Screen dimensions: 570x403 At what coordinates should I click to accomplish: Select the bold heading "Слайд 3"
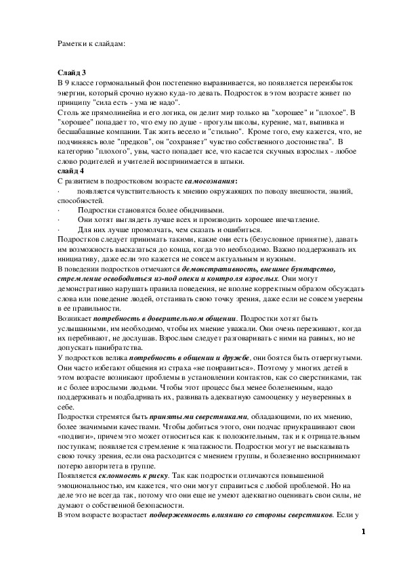(72, 72)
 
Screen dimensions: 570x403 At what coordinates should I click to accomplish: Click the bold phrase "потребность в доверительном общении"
(165, 320)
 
